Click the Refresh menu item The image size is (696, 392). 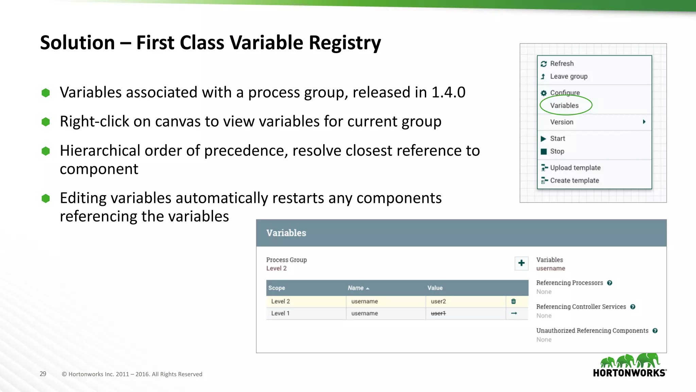coord(561,64)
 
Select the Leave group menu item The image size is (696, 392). coord(568,77)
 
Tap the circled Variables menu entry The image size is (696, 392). coord(564,105)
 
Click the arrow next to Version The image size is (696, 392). coord(644,122)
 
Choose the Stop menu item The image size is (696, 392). coord(557,151)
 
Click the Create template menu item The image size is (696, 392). coord(574,181)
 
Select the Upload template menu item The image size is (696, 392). coord(575,168)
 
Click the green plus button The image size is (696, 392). coord(521,263)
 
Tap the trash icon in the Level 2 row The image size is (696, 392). coord(514,301)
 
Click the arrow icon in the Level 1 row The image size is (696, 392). coord(514,313)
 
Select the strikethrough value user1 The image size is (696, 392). coord(438,313)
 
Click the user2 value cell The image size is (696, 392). coord(438,301)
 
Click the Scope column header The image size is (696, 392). coord(277,288)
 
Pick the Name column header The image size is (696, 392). coord(356,288)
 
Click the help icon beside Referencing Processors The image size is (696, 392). coord(610,283)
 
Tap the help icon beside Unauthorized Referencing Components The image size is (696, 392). coord(655,331)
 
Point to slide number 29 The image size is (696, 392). coord(43,374)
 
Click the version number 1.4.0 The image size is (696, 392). coord(448,92)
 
